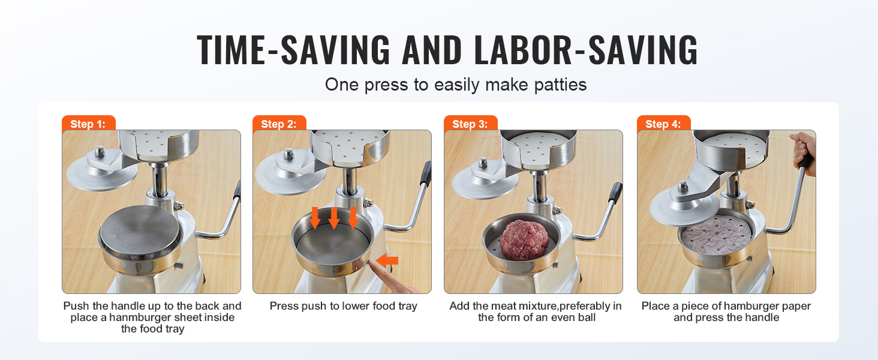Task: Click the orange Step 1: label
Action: (x=88, y=124)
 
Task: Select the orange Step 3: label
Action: (x=470, y=124)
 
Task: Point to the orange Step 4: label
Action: (x=663, y=124)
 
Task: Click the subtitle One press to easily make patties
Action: (x=455, y=85)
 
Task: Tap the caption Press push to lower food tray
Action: (x=343, y=306)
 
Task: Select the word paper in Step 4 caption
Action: (x=795, y=306)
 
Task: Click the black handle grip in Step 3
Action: (x=615, y=193)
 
